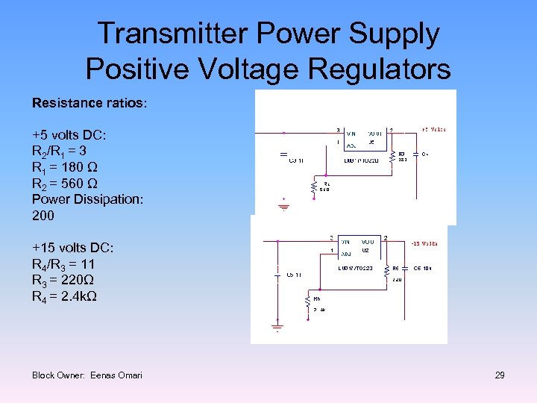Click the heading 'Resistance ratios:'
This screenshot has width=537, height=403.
(89, 102)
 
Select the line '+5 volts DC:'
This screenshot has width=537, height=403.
(69, 135)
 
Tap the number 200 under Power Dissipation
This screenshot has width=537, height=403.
(43, 216)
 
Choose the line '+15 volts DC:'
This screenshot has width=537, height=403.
(72, 248)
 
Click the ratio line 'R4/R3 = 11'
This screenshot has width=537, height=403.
(63, 264)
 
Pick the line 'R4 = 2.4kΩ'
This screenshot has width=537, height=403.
(64, 296)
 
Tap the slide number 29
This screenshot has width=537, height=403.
(500, 375)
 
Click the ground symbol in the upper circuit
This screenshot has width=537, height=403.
(284, 204)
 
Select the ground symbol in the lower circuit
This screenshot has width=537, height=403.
(277, 327)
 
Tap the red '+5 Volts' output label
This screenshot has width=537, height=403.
(433, 129)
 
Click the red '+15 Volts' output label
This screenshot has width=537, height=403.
(424, 243)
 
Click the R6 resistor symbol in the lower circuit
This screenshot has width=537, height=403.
(386, 273)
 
